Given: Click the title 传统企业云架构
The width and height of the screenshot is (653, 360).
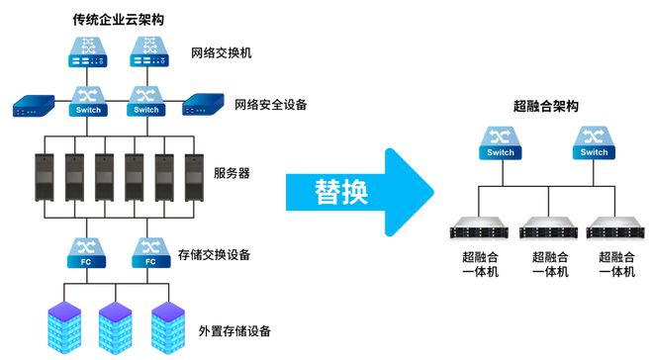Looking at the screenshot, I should point(118,18).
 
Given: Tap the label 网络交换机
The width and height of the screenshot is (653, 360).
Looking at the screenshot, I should point(221,52).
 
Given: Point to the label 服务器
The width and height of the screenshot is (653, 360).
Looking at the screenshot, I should point(232,173).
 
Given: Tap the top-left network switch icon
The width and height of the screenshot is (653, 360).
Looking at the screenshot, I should point(86,51).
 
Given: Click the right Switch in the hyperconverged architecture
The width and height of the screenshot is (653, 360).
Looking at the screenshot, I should point(594,142).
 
